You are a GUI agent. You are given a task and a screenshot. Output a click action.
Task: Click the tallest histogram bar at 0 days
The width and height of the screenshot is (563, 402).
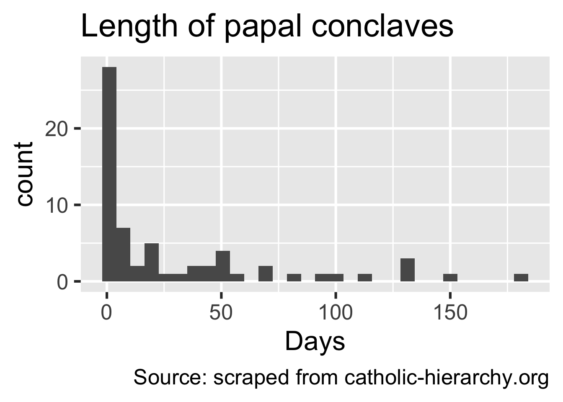click(109, 174)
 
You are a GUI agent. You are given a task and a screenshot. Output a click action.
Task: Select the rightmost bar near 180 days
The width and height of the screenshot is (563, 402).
click(521, 277)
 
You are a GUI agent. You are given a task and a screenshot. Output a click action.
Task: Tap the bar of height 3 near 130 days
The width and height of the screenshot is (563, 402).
click(408, 270)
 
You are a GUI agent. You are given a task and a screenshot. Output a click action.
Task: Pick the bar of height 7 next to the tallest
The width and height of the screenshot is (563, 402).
click(124, 254)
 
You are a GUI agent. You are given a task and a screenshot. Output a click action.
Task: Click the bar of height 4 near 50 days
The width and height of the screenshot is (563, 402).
click(223, 266)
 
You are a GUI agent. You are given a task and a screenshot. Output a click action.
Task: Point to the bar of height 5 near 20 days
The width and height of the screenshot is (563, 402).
click(152, 262)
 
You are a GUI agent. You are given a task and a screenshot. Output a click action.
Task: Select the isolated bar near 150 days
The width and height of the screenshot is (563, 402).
click(450, 277)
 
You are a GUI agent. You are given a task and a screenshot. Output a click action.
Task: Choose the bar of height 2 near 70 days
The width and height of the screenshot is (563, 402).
click(266, 273)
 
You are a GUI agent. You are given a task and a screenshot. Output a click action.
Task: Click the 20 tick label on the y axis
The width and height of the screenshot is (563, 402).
click(57, 129)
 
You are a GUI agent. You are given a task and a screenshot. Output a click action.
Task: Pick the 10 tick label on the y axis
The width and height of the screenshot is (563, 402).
click(57, 205)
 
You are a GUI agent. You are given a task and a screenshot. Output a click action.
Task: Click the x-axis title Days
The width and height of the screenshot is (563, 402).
click(315, 342)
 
